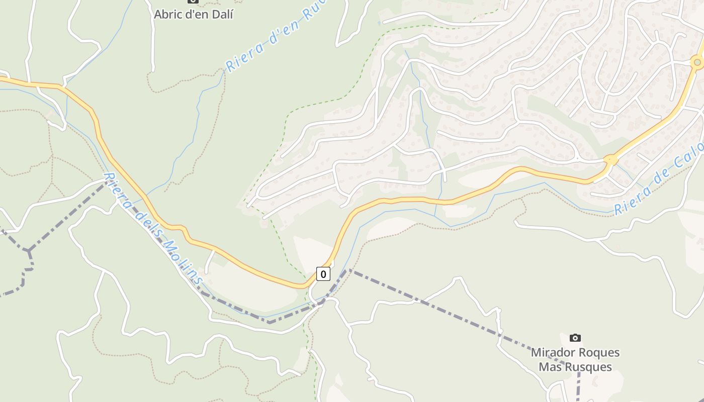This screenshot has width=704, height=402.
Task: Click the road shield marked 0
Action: [323, 274]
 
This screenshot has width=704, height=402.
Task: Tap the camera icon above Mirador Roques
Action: [575, 338]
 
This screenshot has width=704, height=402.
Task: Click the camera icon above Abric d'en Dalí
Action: [193, 1]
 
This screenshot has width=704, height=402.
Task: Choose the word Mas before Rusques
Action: [550, 367]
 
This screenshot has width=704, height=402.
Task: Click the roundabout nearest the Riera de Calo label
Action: [610, 160]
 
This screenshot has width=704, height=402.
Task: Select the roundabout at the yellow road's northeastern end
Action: [697, 62]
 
